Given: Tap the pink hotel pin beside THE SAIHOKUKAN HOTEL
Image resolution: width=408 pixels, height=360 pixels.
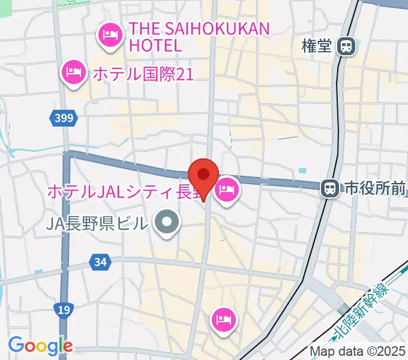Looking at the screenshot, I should point(110,35).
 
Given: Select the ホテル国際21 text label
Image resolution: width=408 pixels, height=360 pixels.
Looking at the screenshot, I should point(143,73).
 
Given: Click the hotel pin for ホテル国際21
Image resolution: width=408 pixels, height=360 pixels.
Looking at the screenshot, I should point(74,73).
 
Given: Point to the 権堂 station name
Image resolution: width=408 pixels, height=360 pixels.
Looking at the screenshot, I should point(317,46).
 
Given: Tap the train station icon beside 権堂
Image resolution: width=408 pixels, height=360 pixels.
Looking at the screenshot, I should point(346,46).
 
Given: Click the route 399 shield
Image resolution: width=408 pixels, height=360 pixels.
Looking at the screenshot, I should point(65,119).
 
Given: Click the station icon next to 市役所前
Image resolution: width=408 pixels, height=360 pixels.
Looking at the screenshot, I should point(329,189).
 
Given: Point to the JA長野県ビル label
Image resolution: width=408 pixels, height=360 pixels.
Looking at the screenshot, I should point(97,224).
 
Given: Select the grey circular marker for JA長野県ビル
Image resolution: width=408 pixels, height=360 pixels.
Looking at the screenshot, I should point(167,224).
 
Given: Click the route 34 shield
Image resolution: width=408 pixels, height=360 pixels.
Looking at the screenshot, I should point(100,262).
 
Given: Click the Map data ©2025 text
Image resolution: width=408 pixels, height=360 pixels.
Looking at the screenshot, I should point(358,351).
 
